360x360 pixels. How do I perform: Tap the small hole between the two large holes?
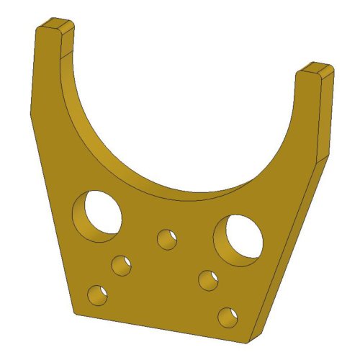tap(167, 238)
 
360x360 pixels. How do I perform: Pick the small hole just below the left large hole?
tap(121, 265)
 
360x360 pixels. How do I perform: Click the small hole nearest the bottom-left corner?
tap(96, 294)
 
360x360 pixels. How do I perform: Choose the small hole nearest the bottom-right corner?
tap(228, 316)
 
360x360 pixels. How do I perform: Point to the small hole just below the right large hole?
tap(209, 279)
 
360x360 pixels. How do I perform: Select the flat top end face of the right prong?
tap(316, 70)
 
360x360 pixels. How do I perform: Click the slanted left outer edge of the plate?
tap(50, 209)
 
